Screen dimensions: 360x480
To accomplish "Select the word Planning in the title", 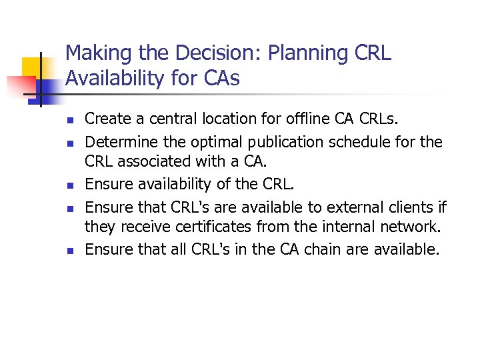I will [313, 53].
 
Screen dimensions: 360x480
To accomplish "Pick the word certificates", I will [209, 228].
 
